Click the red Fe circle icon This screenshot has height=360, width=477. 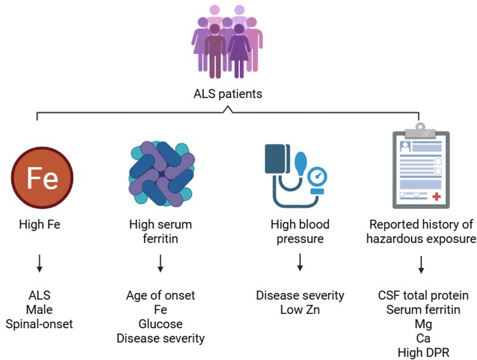pyautogui.click(x=42, y=178)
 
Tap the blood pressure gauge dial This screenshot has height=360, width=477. pyautogui.click(x=317, y=177)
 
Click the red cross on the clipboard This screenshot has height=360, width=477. pyautogui.click(x=436, y=197)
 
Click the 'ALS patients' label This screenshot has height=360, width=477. pyautogui.click(x=228, y=94)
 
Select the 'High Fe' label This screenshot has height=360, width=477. pyautogui.click(x=40, y=224)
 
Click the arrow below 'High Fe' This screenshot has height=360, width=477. pyautogui.click(x=40, y=263)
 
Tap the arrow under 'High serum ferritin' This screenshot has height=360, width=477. pyautogui.click(x=160, y=263)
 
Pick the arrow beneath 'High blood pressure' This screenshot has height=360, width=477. pyautogui.click(x=300, y=262)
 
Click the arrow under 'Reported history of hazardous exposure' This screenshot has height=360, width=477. pyautogui.click(x=421, y=265)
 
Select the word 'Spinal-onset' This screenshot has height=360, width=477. pyautogui.click(x=39, y=324)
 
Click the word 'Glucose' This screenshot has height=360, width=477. pyautogui.click(x=160, y=324)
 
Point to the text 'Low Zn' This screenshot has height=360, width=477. pyautogui.click(x=300, y=310)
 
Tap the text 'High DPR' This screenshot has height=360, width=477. pyautogui.click(x=423, y=353)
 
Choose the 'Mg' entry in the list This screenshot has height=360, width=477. pyautogui.click(x=423, y=324)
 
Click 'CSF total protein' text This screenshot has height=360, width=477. pyautogui.click(x=423, y=295)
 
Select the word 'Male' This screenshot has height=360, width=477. pyautogui.click(x=39, y=310)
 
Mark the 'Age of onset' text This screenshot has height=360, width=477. pyautogui.click(x=160, y=295)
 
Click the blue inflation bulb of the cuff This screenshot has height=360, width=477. pyautogui.click(x=300, y=164)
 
